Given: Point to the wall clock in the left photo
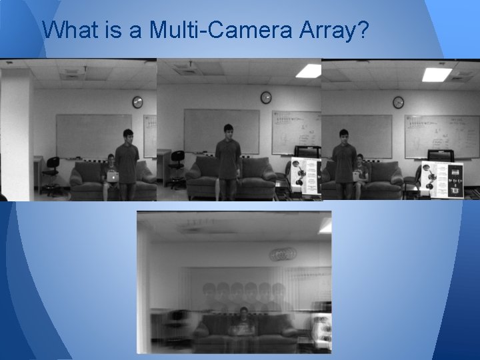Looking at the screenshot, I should click(137, 102).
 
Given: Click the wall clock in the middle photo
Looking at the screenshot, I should click(266, 97).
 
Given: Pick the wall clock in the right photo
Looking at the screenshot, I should click(398, 102).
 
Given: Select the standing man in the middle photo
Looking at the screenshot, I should click(229, 160).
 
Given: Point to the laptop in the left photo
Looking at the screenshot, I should click(113, 177).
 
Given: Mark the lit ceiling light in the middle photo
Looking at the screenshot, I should click(308, 70).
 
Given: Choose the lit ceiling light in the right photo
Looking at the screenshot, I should click(437, 74).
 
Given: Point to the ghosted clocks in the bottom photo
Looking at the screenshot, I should click(283, 254).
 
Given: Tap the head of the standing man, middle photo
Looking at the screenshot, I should click(229, 131).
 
